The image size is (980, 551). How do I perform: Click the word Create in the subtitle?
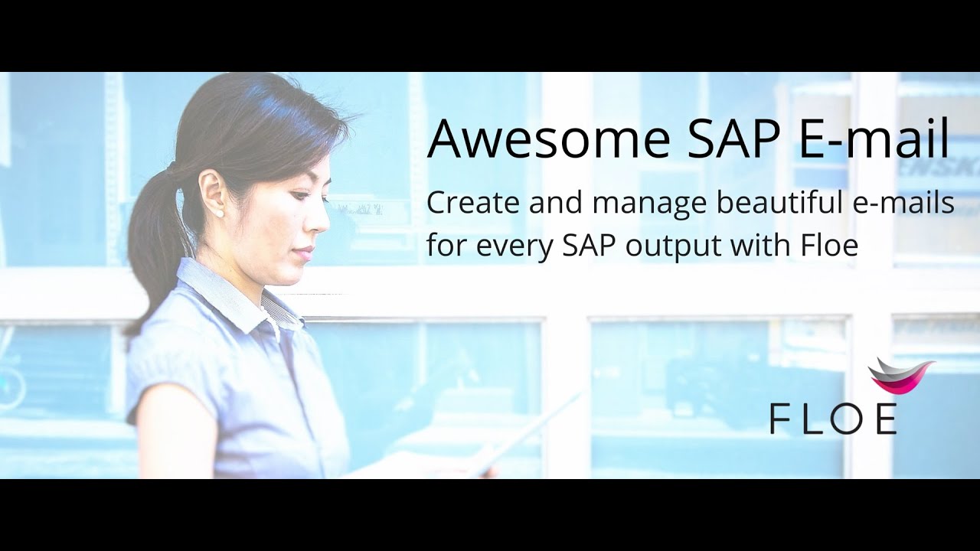point(467,203)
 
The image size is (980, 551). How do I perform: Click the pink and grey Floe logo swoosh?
point(901,375)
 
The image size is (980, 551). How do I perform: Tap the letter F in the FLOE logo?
point(779,419)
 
